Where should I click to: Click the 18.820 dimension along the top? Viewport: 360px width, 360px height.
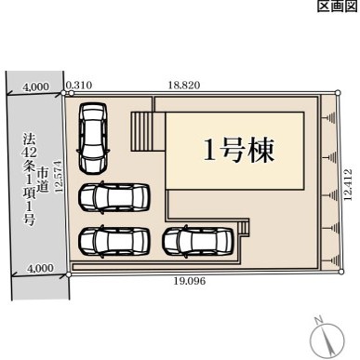coord(184,85)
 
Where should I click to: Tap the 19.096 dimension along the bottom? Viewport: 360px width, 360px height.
coord(190,281)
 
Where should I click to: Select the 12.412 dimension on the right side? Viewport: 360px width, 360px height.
coord(348,184)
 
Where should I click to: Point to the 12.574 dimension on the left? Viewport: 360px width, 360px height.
coord(59,177)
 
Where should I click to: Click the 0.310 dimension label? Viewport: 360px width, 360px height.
coord(79,85)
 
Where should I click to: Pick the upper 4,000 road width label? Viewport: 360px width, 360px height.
coord(36,87)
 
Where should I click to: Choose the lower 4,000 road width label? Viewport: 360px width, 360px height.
coord(40,268)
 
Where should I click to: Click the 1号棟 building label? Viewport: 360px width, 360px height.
coord(239,151)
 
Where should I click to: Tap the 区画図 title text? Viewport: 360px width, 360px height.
coord(338,6)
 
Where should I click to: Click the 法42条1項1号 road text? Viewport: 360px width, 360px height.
coord(30,180)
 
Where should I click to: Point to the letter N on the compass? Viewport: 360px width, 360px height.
coord(318,320)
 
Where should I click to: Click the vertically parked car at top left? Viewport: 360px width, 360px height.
coord(93,138)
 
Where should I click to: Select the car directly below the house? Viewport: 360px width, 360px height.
coord(198,242)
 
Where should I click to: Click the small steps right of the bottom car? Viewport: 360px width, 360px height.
coord(244,229)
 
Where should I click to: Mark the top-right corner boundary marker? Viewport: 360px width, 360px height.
coord(338,92)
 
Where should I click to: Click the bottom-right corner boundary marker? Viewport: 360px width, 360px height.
coord(341,272)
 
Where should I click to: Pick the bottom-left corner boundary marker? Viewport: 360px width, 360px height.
coord(69,274)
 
